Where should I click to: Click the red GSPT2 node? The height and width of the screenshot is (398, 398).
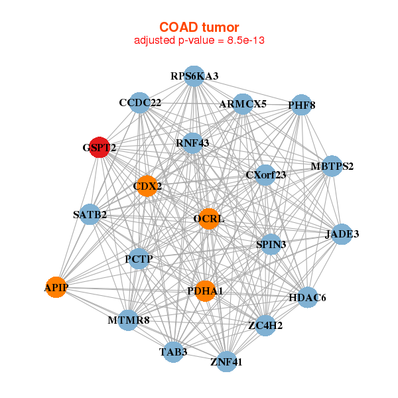point(99,147)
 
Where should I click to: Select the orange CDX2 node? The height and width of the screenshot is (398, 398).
point(147,186)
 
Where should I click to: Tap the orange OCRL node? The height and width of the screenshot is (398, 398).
point(209,219)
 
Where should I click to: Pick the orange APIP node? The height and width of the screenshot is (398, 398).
point(56,287)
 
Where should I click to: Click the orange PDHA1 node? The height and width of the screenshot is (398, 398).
point(205,291)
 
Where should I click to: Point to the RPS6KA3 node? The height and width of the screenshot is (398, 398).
point(194,76)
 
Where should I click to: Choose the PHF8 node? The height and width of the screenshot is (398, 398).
point(301,105)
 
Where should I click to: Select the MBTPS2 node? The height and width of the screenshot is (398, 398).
point(332,166)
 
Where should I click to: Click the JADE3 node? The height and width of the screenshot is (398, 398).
point(342,234)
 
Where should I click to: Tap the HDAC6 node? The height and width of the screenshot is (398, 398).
point(307,297)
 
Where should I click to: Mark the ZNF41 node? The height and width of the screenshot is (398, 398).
point(226,362)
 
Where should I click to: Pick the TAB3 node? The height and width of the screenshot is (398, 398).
point(173,352)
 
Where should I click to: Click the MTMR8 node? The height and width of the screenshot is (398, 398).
point(129,320)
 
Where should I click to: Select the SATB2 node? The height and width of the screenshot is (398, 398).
point(90,214)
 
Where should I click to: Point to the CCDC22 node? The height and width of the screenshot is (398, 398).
point(140,103)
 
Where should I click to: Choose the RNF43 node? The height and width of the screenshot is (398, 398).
point(192,143)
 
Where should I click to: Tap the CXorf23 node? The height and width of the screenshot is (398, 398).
point(265,175)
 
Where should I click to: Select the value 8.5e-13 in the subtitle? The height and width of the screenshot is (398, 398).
point(245,40)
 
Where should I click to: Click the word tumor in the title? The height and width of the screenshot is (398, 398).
point(221,27)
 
